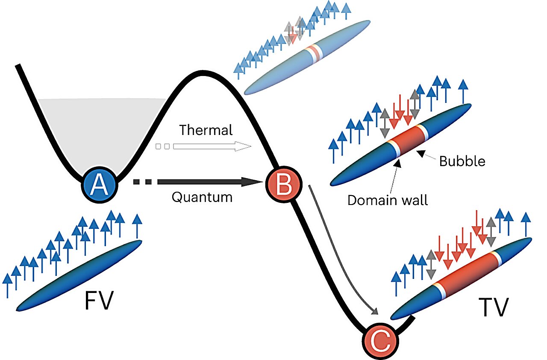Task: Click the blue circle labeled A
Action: [x=99, y=184]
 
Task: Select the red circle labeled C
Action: [x=380, y=340]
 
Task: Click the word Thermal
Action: [x=206, y=130]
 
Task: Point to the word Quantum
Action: [x=202, y=197]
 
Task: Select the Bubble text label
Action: [x=462, y=161]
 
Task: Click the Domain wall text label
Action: [x=388, y=200]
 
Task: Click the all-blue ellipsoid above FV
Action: [x=79, y=275]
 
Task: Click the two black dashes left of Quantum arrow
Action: [x=142, y=182]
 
